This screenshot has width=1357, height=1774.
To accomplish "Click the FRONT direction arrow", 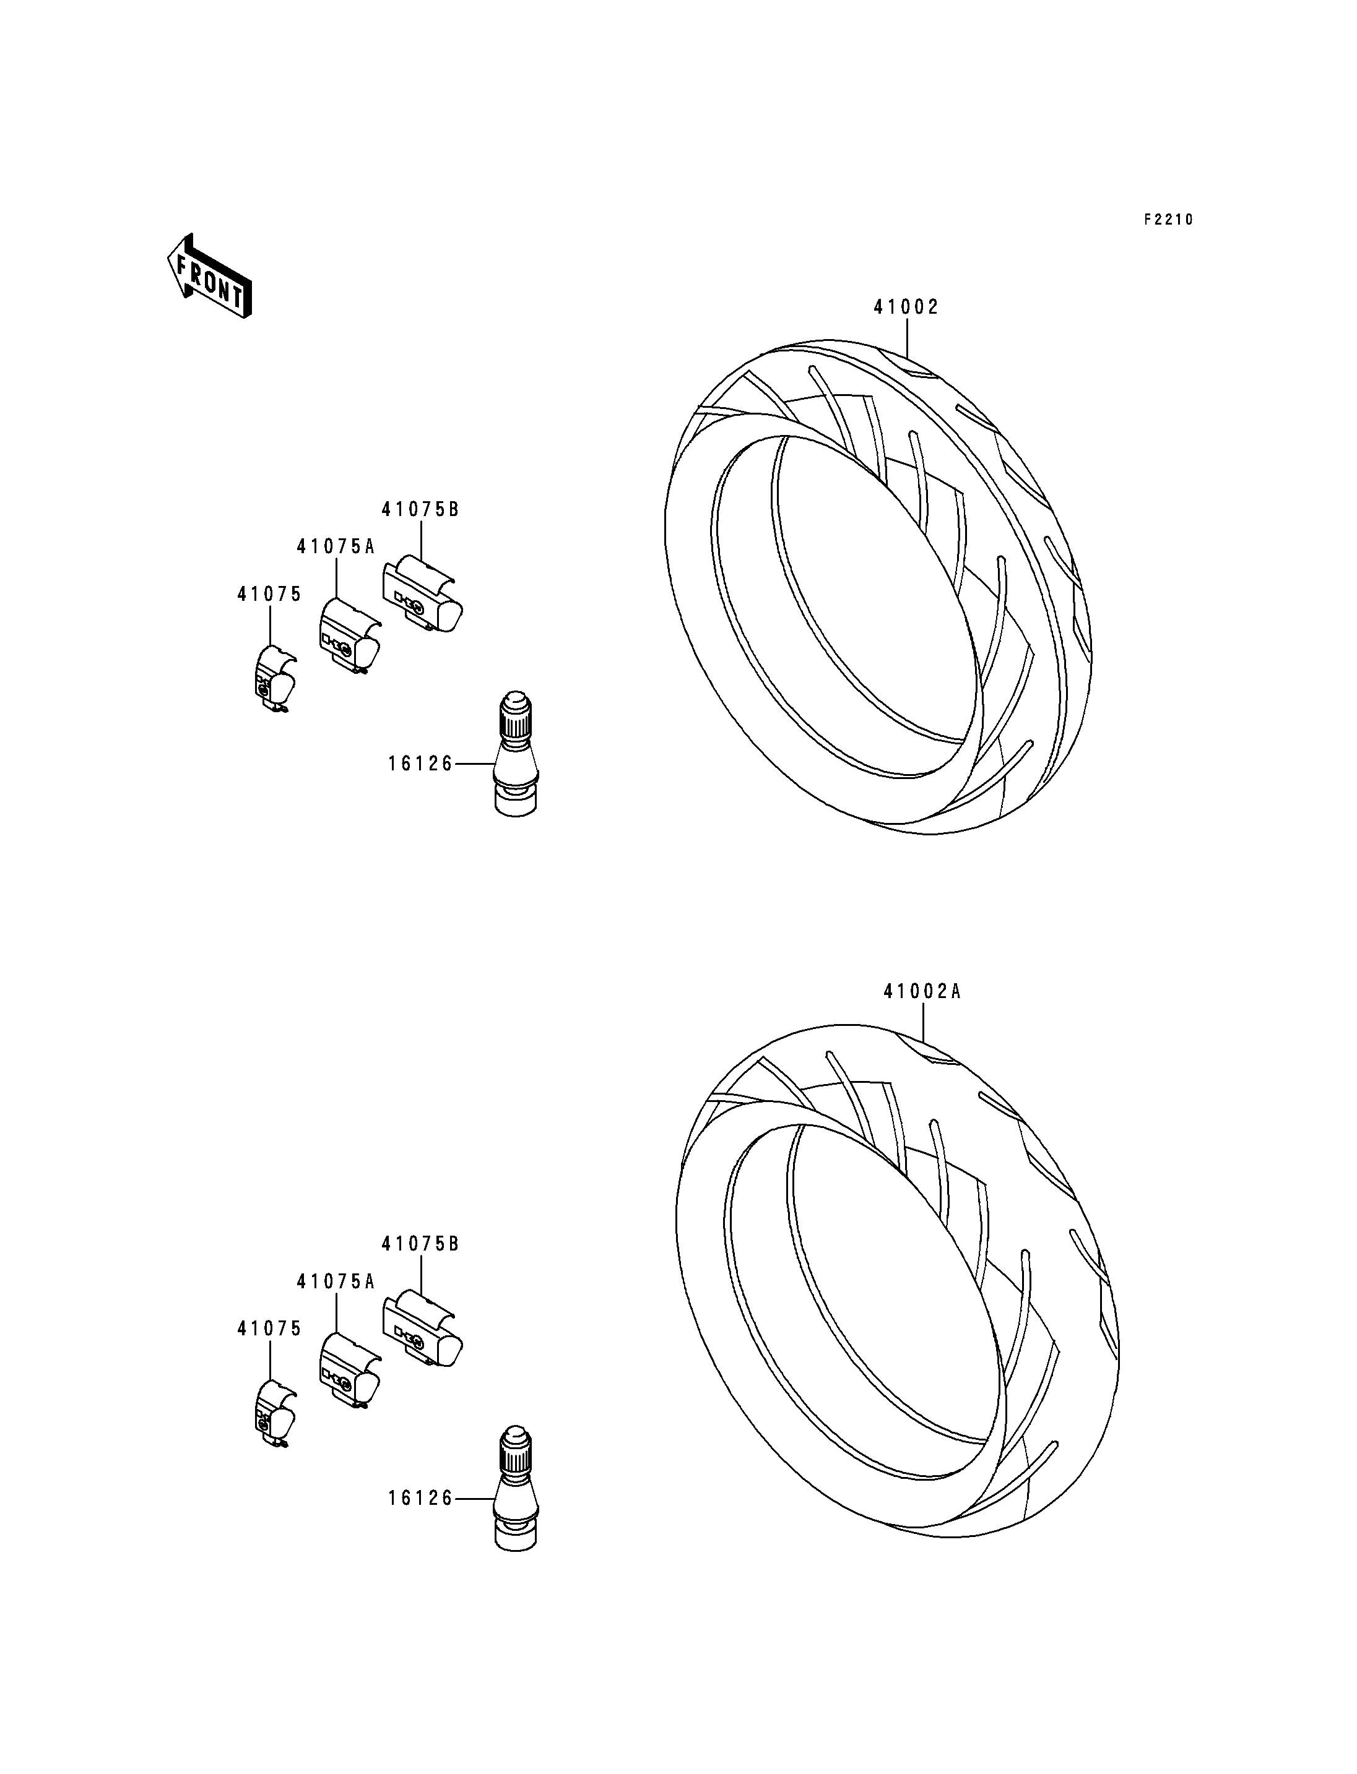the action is (209, 276).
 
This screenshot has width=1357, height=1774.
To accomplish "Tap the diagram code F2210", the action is (1168, 220).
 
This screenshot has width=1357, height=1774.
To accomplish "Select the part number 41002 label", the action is (906, 307).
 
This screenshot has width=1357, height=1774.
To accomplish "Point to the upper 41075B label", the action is (420, 509).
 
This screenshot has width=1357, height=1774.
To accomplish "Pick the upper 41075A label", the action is (336, 546).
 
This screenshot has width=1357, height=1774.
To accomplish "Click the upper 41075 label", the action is (269, 594).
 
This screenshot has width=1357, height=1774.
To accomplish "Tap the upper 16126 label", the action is (421, 763).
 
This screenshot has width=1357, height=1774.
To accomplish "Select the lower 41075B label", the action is (420, 1244).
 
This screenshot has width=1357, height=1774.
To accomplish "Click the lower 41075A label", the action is (336, 1281).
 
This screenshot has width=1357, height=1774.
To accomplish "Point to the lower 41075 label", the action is (269, 1329).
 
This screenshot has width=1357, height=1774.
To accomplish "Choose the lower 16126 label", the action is (421, 1499).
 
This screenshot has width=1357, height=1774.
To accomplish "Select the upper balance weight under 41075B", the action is (424, 596).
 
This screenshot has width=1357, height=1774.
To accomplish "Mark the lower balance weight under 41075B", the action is (424, 1331).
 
